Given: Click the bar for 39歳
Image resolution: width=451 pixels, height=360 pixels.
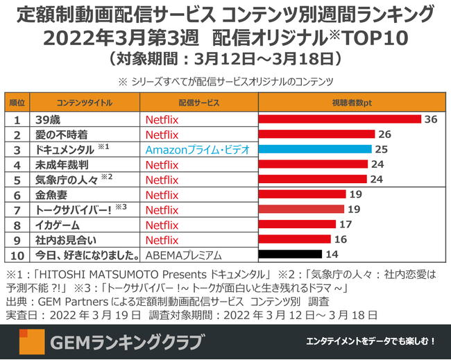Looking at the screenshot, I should [x=339, y=119].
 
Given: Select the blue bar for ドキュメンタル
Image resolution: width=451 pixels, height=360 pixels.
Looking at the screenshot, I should [x=316, y=149].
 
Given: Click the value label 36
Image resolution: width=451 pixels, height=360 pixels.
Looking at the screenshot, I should [x=431, y=119].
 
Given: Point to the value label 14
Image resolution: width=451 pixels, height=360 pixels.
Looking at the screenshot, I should [x=323, y=255].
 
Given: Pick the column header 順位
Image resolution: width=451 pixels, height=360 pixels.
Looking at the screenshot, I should [x=15, y=102].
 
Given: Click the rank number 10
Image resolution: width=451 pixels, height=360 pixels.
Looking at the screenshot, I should [x=15, y=255].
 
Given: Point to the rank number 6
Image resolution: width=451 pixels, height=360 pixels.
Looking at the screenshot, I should [x=15, y=195].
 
